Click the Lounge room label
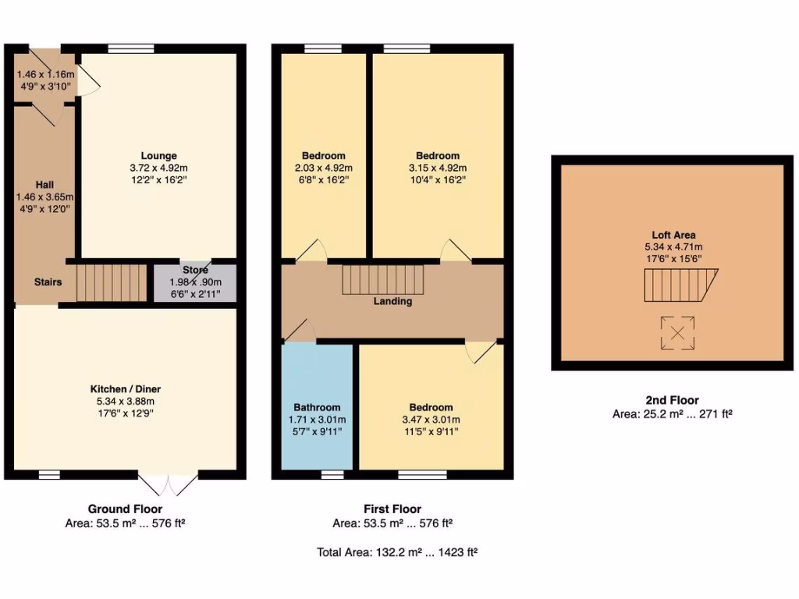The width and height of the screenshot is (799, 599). point(159,155)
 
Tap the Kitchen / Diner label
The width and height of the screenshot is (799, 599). point(126,388)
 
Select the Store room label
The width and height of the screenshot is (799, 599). point(195,270)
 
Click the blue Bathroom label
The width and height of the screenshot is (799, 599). point(317,407)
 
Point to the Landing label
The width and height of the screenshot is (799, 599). point(392,301)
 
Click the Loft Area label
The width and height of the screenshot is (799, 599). point(673,234)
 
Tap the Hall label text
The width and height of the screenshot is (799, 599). point(44,184)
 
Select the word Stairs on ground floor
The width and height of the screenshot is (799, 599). point(48,282)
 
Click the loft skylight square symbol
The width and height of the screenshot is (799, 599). point(677,334)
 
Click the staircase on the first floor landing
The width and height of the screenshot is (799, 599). point(382,279)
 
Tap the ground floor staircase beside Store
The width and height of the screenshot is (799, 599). point(111,282)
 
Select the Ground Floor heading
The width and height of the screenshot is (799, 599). point(126,509)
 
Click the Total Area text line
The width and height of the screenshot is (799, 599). point(397,552)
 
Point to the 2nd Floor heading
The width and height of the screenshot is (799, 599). point(672,400)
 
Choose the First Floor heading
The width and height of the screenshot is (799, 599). point(392,509)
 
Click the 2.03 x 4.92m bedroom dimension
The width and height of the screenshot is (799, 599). point(323,168)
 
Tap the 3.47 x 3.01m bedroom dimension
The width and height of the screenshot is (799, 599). point(431,420)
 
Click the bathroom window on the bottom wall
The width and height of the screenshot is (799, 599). point(332,473)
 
